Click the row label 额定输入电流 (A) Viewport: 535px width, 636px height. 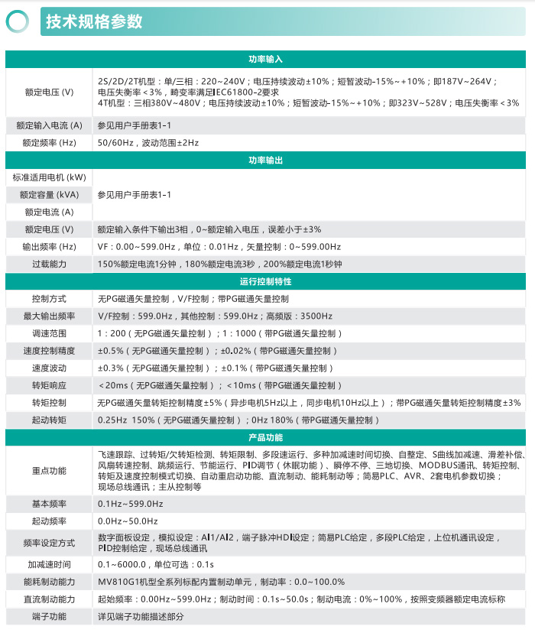pos(49,125)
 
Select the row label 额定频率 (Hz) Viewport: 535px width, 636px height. pos(49,142)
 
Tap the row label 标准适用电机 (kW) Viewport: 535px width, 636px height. pos(49,177)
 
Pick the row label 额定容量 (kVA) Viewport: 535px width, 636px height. pos(49,195)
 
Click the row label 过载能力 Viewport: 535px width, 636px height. pos(49,264)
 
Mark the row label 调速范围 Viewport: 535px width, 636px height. pos(49,333)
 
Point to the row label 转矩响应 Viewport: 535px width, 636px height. pos(49,385)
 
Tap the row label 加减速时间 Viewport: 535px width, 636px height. pos(49,564)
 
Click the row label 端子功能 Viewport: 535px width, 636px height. pos(49,616)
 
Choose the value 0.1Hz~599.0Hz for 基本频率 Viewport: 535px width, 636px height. pos(130,504)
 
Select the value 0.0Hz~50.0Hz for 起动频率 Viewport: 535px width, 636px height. pos(128,521)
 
